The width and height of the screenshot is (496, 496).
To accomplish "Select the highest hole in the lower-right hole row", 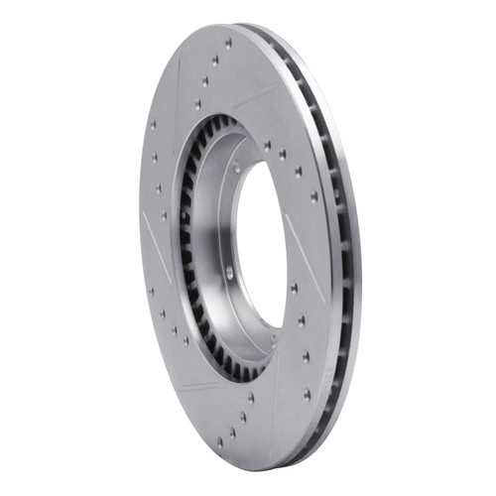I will click(x=294, y=288).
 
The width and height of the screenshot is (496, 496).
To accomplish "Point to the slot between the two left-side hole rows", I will click(x=159, y=238).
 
